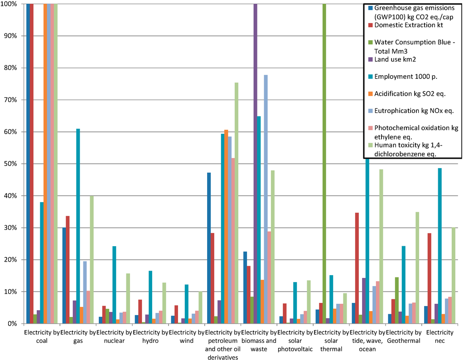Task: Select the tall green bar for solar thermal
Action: [324, 163]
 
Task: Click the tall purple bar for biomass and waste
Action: [256, 163]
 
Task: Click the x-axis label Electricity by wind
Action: [186, 336]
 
